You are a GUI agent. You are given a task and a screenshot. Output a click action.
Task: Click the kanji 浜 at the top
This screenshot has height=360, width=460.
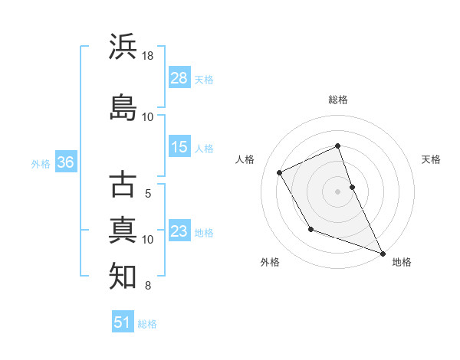pyautogui.click(x=123, y=47)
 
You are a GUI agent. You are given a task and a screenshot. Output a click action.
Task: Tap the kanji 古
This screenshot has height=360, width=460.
pyautogui.click(x=123, y=185)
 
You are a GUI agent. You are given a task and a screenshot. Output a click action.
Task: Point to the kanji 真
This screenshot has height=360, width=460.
pyautogui.click(x=123, y=230)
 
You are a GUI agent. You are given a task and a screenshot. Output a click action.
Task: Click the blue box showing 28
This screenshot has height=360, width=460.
pyautogui.click(x=179, y=78)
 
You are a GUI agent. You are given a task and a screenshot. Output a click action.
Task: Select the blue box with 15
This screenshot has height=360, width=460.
pyautogui.click(x=179, y=147)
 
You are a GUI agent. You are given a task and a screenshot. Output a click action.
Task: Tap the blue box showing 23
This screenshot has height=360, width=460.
pyautogui.click(x=179, y=231)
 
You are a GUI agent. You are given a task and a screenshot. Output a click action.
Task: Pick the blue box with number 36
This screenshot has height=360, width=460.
pyautogui.click(x=65, y=162)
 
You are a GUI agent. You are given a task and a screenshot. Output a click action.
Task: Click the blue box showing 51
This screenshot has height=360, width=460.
pyautogui.click(x=123, y=322)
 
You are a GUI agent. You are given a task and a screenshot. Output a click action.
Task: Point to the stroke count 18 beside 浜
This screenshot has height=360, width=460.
pyautogui.click(x=148, y=57)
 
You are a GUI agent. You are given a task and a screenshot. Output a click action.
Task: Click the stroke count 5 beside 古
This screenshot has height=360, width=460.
pyautogui.click(x=148, y=194)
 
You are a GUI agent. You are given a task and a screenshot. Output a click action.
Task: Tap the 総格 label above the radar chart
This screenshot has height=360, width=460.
pyautogui.click(x=338, y=100)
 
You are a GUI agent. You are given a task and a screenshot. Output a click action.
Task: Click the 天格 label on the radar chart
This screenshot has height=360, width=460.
pyautogui.click(x=431, y=159)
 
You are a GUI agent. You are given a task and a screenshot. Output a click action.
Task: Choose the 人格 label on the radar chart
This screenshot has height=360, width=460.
pyautogui.click(x=245, y=159)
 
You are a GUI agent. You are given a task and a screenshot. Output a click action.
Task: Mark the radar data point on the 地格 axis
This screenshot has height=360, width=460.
pyautogui.click(x=383, y=254)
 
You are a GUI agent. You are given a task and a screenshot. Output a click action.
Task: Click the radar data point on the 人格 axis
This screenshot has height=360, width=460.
pyautogui.click(x=280, y=172)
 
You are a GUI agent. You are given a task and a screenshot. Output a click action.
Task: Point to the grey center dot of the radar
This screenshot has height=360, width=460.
pyautogui.click(x=338, y=191)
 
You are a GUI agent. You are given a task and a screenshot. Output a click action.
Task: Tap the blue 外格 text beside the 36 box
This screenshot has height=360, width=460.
pyautogui.click(x=40, y=163)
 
